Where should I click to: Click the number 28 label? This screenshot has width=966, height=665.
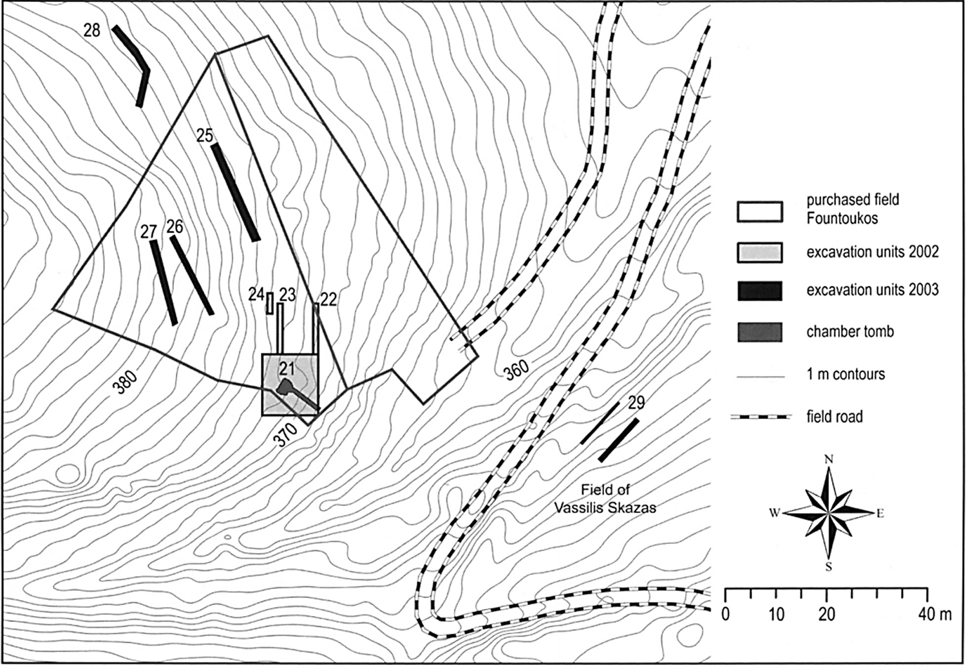click(x=92, y=31)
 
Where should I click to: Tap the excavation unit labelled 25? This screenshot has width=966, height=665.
click(x=236, y=192)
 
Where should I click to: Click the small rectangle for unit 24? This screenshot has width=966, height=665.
click(x=270, y=303)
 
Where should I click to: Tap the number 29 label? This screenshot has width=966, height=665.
click(x=636, y=402)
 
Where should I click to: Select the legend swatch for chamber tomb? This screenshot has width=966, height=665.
click(x=760, y=332)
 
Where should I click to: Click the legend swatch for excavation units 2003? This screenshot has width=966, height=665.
click(x=760, y=291)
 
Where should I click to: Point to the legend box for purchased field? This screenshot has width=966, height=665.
click(x=760, y=212)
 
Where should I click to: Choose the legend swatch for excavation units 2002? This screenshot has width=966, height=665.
click(x=760, y=252)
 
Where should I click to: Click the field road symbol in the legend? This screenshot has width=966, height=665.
click(x=761, y=417)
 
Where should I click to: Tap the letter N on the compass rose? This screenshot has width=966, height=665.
click(x=828, y=460)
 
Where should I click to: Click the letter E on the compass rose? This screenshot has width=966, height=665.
click(x=880, y=513)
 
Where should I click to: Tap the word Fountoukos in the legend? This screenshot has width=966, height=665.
click(x=842, y=218)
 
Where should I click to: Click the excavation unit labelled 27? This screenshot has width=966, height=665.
click(x=164, y=283)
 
